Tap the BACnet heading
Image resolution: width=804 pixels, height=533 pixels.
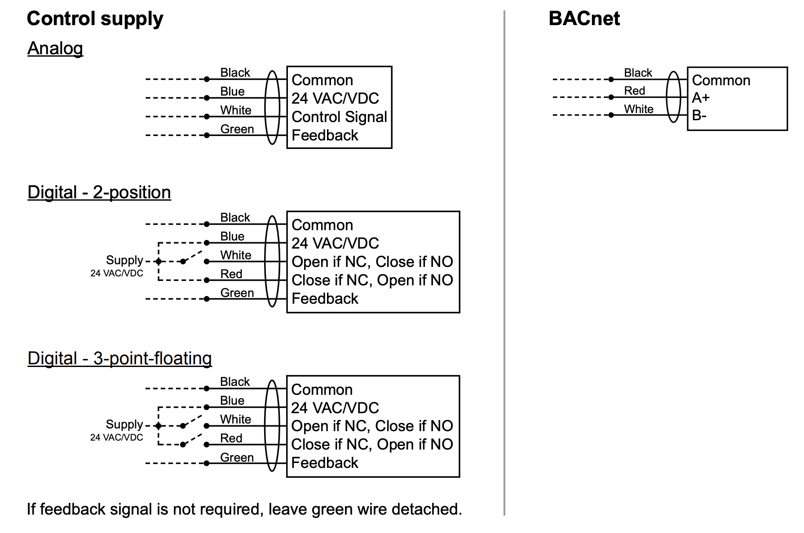pyautogui.click(x=584, y=19)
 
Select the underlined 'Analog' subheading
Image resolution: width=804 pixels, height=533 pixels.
pyautogui.click(x=55, y=48)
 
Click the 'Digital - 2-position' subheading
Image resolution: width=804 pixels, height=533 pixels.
pyautogui.click(x=99, y=192)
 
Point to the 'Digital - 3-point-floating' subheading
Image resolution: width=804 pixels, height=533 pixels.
pyautogui.click(x=119, y=358)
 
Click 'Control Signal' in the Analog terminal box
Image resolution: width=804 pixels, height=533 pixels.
pyautogui.click(x=339, y=117)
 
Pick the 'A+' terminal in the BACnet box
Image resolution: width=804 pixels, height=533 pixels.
pyautogui.click(x=701, y=98)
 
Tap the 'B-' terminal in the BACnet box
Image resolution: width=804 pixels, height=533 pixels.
pyautogui.click(x=699, y=116)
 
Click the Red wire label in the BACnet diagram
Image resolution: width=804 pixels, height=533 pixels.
pyautogui.click(x=634, y=91)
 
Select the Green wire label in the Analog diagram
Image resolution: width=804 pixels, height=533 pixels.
pyautogui.click(x=237, y=129)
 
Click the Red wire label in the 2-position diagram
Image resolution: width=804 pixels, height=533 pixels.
pyautogui.click(x=231, y=274)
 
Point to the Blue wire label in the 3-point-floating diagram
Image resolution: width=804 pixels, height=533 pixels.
pyautogui.click(x=232, y=400)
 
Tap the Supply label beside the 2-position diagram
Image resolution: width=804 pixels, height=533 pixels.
pyautogui.click(x=124, y=260)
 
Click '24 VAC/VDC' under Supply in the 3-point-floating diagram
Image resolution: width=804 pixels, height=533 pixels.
pyautogui.click(x=117, y=437)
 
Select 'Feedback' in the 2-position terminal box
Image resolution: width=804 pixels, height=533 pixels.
pyautogui.click(x=325, y=298)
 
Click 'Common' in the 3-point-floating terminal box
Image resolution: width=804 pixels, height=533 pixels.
pyautogui.click(x=322, y=389)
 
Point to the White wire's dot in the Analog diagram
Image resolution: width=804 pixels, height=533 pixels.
pyautogui.click(x=207, y=117)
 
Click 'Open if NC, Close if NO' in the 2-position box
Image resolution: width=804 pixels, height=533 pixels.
pyautogui.click(x=372, y=262)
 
